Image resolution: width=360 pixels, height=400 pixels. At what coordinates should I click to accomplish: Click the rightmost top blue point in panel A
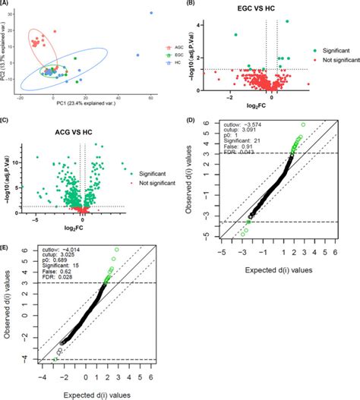150,13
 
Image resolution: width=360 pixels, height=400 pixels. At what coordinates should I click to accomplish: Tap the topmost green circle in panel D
304,125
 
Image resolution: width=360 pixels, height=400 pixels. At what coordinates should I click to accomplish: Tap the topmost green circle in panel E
116,250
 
